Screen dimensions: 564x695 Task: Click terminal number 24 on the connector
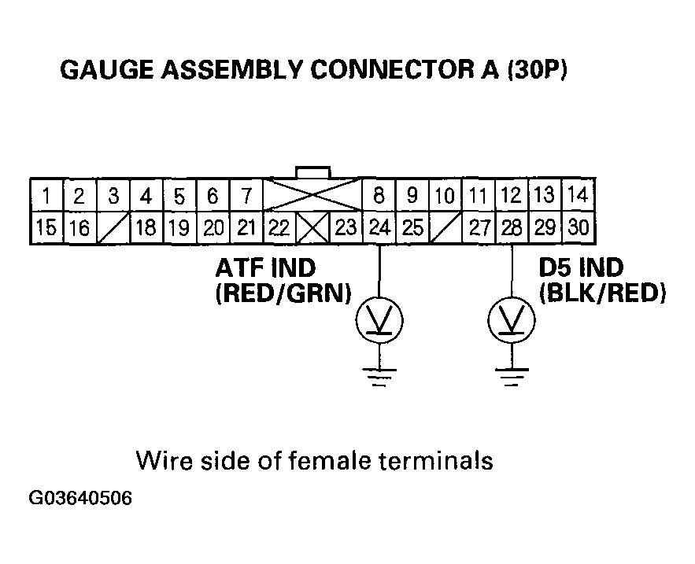point(380,228)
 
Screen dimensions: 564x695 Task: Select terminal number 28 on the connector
point(512,228)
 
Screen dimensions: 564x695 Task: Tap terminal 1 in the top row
point(47,195)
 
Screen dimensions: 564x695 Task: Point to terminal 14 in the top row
point(577,194)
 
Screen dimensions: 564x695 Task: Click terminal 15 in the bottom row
point(47,228)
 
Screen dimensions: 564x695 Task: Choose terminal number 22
point(279,228)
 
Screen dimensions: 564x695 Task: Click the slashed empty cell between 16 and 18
point(113,229)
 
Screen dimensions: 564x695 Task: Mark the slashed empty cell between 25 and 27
point(445,229)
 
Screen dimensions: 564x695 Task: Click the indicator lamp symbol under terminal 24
point(381,319)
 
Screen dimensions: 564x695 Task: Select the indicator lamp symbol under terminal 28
point(512,319)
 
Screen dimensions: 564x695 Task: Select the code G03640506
point(80,499)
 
